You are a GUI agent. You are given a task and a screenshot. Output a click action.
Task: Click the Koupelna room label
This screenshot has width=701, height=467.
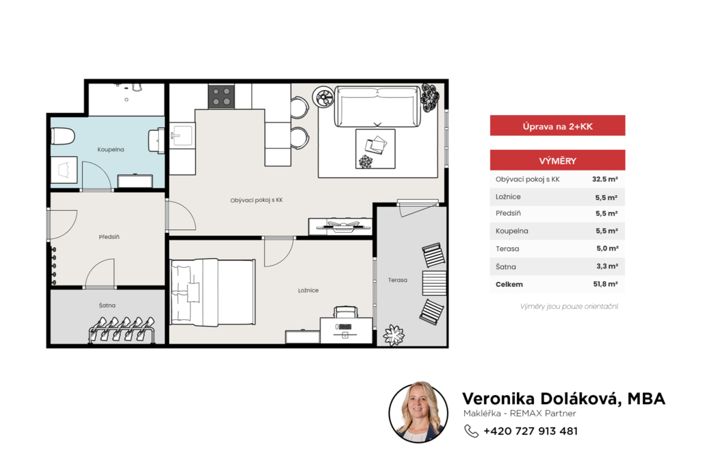(x=110, y=149)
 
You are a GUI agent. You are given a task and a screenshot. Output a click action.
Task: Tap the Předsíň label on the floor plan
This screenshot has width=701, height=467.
(x=109, y=237)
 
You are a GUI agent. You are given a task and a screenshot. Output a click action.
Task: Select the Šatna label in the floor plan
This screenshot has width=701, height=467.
(x=107, y=305)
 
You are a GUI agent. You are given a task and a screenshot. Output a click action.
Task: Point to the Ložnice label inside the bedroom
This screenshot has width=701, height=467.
(x=309, y=290)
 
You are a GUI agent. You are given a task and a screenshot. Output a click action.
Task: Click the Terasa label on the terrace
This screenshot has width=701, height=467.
(x=398, y=280)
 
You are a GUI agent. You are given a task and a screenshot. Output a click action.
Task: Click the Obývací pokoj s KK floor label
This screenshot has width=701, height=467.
(x=257, y=200)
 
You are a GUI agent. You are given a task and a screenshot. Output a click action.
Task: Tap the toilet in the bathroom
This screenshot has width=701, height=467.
(x=62, y=136)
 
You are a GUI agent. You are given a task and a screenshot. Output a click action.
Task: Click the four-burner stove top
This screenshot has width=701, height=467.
(x=221, y=97)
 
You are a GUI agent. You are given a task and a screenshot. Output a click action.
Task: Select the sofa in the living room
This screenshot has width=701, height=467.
(x=377, y=107)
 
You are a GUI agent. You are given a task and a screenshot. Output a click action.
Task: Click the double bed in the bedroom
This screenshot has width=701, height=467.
(x=213, y=292)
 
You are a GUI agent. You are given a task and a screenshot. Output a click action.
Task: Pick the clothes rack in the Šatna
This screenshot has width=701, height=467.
(x=122, y=329)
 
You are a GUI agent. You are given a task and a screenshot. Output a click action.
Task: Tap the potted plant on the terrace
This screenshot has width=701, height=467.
(x=394, y=335)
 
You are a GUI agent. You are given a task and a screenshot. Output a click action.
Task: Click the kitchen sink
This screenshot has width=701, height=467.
(x=182, y=136)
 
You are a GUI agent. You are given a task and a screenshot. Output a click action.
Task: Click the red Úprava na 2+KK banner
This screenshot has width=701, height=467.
(x=557, y=126)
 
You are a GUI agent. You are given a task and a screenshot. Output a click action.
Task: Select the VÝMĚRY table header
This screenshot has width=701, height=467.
(x=557, y=160)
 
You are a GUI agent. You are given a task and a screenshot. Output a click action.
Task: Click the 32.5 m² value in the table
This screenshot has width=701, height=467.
(x=605, y=179)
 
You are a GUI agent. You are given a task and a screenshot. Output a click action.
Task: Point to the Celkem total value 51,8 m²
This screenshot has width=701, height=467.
(x=606, y=284)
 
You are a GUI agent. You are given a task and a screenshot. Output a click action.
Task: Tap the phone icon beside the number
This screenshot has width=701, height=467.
(x=471, y=431)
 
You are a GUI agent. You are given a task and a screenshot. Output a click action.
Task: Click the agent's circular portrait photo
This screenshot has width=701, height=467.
(x=418, y=412)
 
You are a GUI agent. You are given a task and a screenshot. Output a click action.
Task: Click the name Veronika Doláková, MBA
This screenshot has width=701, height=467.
(x=564, y=398)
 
